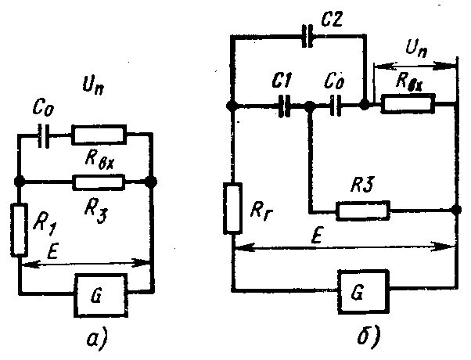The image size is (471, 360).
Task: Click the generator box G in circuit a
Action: [x=101, y=295]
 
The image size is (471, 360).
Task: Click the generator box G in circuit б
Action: [x=364, y=291]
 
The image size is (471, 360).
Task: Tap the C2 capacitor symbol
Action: [x=307, y=36]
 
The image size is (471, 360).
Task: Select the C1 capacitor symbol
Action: [x=285, y=106]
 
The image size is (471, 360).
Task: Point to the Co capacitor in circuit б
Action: [x=336, y=106]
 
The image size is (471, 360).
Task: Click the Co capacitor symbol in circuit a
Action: [x=44, y=136]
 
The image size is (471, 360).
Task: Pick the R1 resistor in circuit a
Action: [x=20, y=230]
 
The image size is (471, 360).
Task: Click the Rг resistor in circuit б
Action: [x=233, y=208]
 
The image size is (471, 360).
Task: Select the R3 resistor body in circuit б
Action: [x=363, y=211]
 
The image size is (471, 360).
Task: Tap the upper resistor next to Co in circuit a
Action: [x=99, y=135]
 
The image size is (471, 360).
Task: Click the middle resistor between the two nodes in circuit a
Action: [x=99, y=182]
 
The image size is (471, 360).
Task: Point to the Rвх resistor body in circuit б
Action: [x=408, y=103]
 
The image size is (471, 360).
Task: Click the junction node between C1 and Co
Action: [x=310, y=106]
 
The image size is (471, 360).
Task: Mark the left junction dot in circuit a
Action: [x=20, y=182]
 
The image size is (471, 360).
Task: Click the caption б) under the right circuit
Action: [x=369, y=336]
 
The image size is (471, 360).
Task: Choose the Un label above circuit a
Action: [x=93, y=85]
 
